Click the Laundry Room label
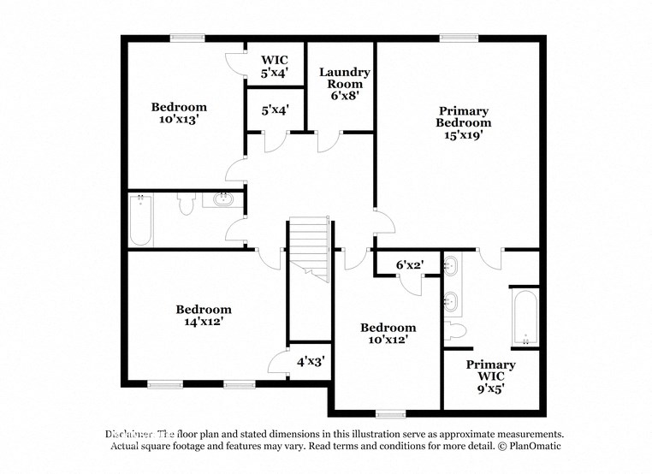coord(345,84)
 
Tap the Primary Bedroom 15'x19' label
coord(463,122)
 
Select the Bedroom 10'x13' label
coord(179,113)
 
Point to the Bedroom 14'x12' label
coord(204,316)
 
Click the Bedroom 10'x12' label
coord(388,333)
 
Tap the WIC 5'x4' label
coord(275,67)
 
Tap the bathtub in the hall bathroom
coord(140,219)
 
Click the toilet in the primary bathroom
coord(454,330)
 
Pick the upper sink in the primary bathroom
coord(453,268)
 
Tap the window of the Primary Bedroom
coord(453,37)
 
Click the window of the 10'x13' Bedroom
coord(187,37)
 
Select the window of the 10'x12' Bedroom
coord(390,414)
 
